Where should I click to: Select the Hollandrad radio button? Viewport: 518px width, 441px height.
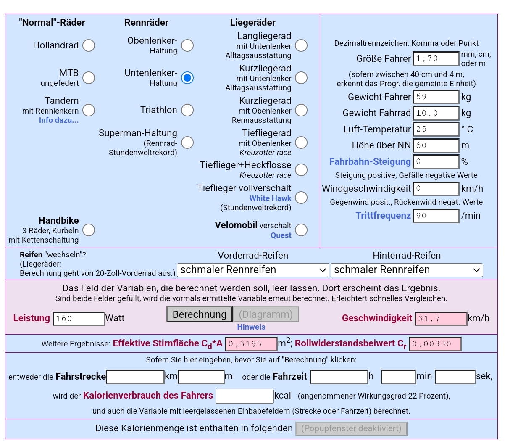(89, 45)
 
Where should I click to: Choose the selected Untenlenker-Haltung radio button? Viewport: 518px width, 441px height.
(187, 78)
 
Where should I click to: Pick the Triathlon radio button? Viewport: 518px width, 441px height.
(187, 110)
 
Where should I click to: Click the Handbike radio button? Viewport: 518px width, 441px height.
(89, 230)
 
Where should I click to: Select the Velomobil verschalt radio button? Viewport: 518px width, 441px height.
(301, 230)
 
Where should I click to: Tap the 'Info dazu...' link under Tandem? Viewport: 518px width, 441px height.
(58, 120)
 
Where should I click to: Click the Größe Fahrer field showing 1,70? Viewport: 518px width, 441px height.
(436, 59)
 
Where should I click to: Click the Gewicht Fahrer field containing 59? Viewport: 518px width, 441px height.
(436, 97)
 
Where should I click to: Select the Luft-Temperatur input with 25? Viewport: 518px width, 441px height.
(436, 129)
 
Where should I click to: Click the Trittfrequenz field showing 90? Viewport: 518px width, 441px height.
(436, 216)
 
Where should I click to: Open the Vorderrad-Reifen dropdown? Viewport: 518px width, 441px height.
(253, 270)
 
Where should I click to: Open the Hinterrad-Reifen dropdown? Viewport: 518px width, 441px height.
(407, 270)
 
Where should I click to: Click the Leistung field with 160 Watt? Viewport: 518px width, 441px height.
(79, 319)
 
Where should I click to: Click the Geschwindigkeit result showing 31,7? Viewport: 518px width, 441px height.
(441, 319)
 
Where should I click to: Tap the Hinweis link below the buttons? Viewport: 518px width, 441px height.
(251, 327)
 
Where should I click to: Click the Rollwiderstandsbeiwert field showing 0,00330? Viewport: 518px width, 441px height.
(435, 344)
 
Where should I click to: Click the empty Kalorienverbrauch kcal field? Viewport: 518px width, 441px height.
(245, 396)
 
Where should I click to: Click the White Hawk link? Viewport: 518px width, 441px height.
(270, 198)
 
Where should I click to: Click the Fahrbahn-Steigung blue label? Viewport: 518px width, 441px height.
(370, 162)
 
